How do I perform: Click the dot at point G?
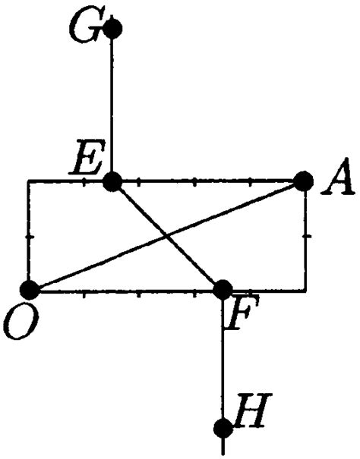click(x=113, y=30)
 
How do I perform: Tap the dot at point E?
click(x=113, y=181)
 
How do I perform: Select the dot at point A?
click(x=303, y=181)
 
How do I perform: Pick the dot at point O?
click(x=30, y=289)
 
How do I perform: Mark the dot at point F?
click(x=223, y=289)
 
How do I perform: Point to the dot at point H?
click(x=223, y=428)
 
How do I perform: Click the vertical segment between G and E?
click(x=113, y=106)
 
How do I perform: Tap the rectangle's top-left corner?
click(x=28, y=181)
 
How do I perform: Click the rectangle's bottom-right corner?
click(x=305, y=290)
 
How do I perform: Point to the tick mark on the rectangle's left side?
click(x=29, y=237)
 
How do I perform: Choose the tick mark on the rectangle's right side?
click(x=306, y=237)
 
